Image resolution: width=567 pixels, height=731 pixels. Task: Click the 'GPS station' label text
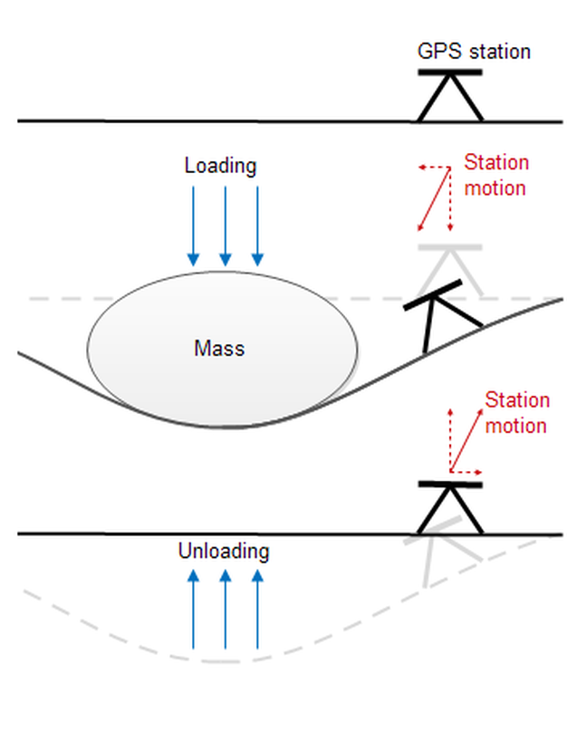pos(474,51)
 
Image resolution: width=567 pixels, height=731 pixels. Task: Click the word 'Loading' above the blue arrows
pos(220,166)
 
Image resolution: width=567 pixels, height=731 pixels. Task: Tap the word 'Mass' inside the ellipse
pos(219,348)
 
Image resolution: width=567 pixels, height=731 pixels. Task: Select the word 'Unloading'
pos(224,551)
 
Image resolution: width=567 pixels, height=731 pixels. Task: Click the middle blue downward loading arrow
pos(226,226)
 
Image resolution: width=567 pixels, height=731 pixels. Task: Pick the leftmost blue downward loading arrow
pos(193,226)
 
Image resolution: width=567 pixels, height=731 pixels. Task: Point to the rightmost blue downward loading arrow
pos(258,226)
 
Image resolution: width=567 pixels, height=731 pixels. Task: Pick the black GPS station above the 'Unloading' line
pos(449,507)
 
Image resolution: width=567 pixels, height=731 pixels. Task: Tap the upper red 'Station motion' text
pos(495,176)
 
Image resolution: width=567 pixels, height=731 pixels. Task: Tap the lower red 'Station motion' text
pos(516,413)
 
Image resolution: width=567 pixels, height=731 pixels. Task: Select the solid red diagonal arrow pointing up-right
pos(465,440)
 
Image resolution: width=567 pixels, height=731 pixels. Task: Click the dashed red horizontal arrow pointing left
pos(434,168)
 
